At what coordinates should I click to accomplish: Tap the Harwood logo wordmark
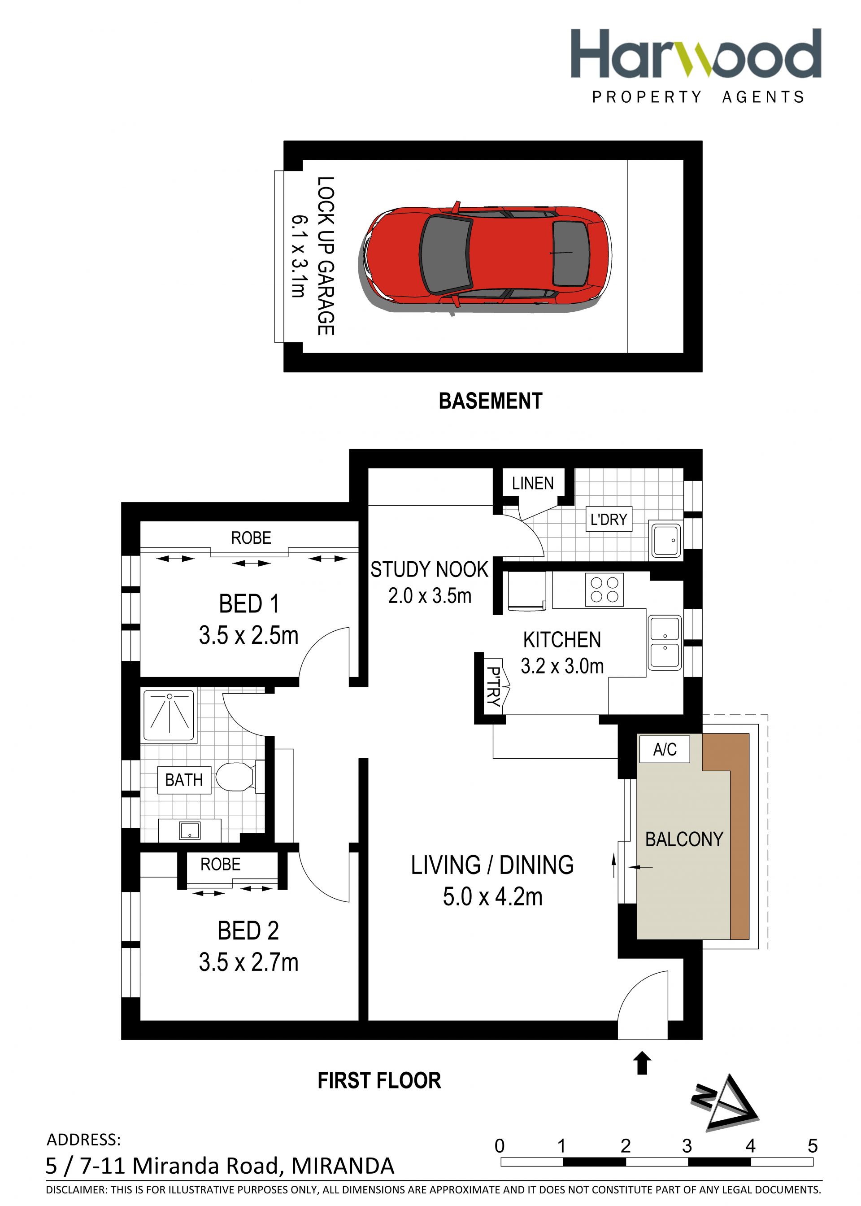point(696,53)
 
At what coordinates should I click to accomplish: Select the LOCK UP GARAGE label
point(326,256)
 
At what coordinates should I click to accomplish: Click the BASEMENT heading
point(491,401)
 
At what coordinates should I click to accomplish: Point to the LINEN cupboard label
point(532,483)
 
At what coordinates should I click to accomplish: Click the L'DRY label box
point(609,519)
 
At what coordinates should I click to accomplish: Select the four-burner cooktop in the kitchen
point(604,589)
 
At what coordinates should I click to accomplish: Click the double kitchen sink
point(664,643)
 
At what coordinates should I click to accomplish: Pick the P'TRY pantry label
point(494,687)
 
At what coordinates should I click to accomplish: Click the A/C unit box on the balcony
point(664,749)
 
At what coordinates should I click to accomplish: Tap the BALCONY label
point(684,839)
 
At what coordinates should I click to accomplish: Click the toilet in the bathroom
point(239,778)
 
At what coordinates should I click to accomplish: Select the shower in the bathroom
point(170,714)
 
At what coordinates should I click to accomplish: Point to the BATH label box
point(184,780)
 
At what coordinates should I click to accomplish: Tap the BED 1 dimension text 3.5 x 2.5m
point(248,635)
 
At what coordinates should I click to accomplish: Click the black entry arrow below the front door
point(643,1063)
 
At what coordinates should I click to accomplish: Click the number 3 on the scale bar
point(687,1146)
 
